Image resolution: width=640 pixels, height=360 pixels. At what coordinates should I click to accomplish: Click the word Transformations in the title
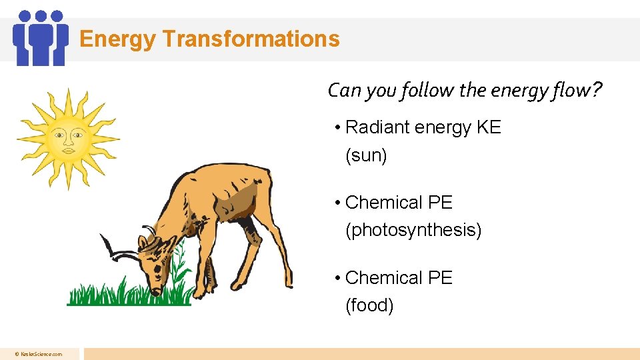[251, 39]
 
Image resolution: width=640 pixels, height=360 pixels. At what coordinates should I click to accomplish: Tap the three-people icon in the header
[41, 38]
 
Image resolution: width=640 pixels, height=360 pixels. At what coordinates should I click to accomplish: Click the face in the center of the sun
[69, 139]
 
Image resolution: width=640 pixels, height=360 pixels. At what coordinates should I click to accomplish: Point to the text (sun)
[366, 156]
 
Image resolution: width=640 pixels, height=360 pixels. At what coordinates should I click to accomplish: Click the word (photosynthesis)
[413, 231]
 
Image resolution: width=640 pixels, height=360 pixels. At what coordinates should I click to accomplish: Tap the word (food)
[369, 305]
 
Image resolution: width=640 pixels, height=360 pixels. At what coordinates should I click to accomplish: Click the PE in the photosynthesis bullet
[440, 203]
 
